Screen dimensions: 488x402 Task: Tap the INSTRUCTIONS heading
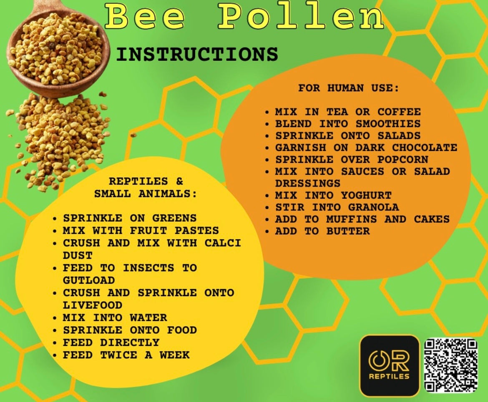pos(197,54)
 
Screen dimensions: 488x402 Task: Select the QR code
pos(450,365)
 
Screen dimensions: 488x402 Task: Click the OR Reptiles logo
pos(389,366)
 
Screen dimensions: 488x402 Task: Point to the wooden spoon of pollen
pos(58,47)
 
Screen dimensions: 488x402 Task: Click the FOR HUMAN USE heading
pos(348,88)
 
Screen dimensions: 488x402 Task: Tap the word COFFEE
pos(399,112)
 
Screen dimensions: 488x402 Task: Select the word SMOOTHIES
pos(388,124)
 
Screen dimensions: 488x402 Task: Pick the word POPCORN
pos(403,160)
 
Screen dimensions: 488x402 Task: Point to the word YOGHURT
pos(366,195)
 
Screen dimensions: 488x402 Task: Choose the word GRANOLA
pos(373,207)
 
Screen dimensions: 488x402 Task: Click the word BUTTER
pos(348,231)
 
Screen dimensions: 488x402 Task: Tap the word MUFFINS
pos(351,219)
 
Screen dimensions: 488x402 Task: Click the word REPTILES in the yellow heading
pos(138,181)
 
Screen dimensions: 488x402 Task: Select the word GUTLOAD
pos(89,280)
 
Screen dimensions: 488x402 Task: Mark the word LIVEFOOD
pos(93,305)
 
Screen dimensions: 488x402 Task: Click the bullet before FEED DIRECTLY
pos(55,343)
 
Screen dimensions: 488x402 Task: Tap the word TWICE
pos(118,355)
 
